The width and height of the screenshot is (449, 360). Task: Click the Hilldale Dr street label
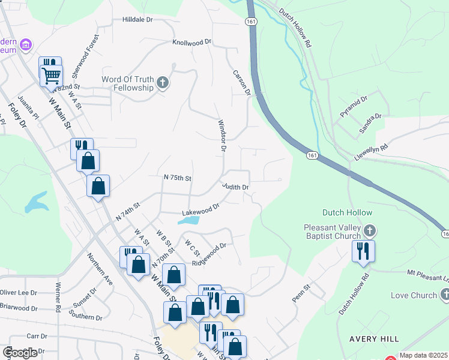click(x=137, y=20)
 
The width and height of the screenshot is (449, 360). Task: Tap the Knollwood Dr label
click(x=192, y=43)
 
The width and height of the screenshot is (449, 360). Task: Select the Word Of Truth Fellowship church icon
click(x=162, y=83)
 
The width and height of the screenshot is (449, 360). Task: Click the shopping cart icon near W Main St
click(x=52, y=76)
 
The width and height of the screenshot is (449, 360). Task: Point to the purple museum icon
click(x=25, y=45)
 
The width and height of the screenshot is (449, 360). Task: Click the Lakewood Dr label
click(x=201, y=209)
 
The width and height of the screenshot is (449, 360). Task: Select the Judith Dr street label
click(x=235, y=187)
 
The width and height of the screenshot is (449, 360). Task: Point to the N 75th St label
click(x=177, y=178)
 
